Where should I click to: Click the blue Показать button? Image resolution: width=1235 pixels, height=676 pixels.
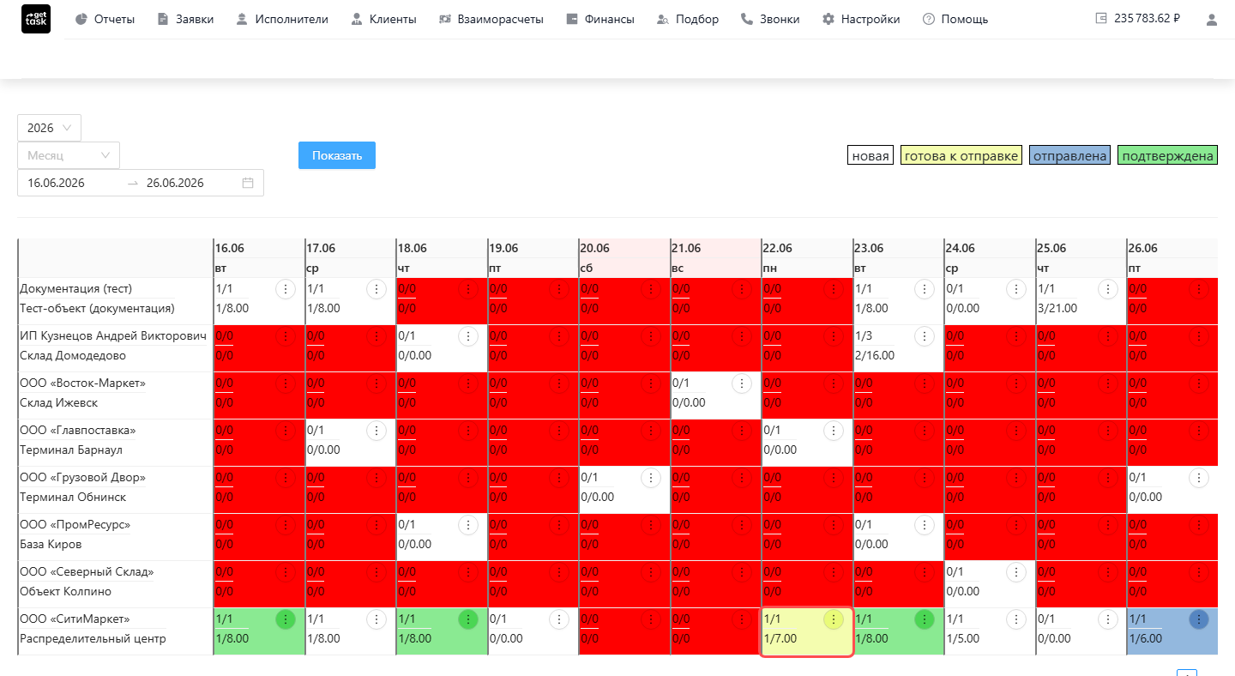pyautogui.click(x=337, y=155)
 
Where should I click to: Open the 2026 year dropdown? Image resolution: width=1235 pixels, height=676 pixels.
pyautogui.click(x=49, y=128)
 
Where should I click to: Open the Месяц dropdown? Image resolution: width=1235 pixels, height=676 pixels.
pyautogui.click(x=69, y=155)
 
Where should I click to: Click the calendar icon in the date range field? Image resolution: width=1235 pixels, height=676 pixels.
pyautogui.click(x=248, y=183)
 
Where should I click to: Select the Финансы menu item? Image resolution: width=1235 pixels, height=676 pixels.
pyautogui.click(x=599, y=19)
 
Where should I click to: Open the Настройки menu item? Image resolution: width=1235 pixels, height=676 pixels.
pyautogui.click(x=861, y=19)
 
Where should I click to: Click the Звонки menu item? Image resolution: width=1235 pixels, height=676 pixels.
pyautogui.click(x=769, y=19)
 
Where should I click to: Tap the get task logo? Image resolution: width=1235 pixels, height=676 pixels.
pyautogui.click(x=36, y=19)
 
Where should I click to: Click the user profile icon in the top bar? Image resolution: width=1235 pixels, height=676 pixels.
pyautogui.click(x=1211, y=20)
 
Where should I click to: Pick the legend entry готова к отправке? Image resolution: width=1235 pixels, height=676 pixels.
pyautogui.click(x=961, y=155)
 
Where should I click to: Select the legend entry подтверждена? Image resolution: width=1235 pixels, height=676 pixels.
pyautogui.click(x=1167, y=155)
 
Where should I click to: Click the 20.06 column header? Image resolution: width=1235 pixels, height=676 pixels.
pyautogui.click(x=594, y=248)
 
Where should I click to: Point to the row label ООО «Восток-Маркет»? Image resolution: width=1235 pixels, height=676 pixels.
pyautogui.click(x=82, y=383)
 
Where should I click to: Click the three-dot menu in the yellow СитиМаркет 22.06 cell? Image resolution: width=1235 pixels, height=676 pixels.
pyautogui.click(x=833, y=619)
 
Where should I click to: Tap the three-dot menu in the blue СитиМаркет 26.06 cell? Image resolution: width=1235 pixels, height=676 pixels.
pyautogui.click(x=1199, y=619)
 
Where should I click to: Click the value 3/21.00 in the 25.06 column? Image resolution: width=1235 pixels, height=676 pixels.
pyautogui.click(x=1057, y=308)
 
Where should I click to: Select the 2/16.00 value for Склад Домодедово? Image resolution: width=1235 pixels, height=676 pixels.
pyautogui.click(x=875, y=356)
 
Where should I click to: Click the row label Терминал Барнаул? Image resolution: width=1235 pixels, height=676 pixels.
pyautogui.click(x=71, y=450)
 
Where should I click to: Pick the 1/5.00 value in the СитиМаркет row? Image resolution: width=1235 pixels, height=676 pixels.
pyautogui.click(x=962, y=638)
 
